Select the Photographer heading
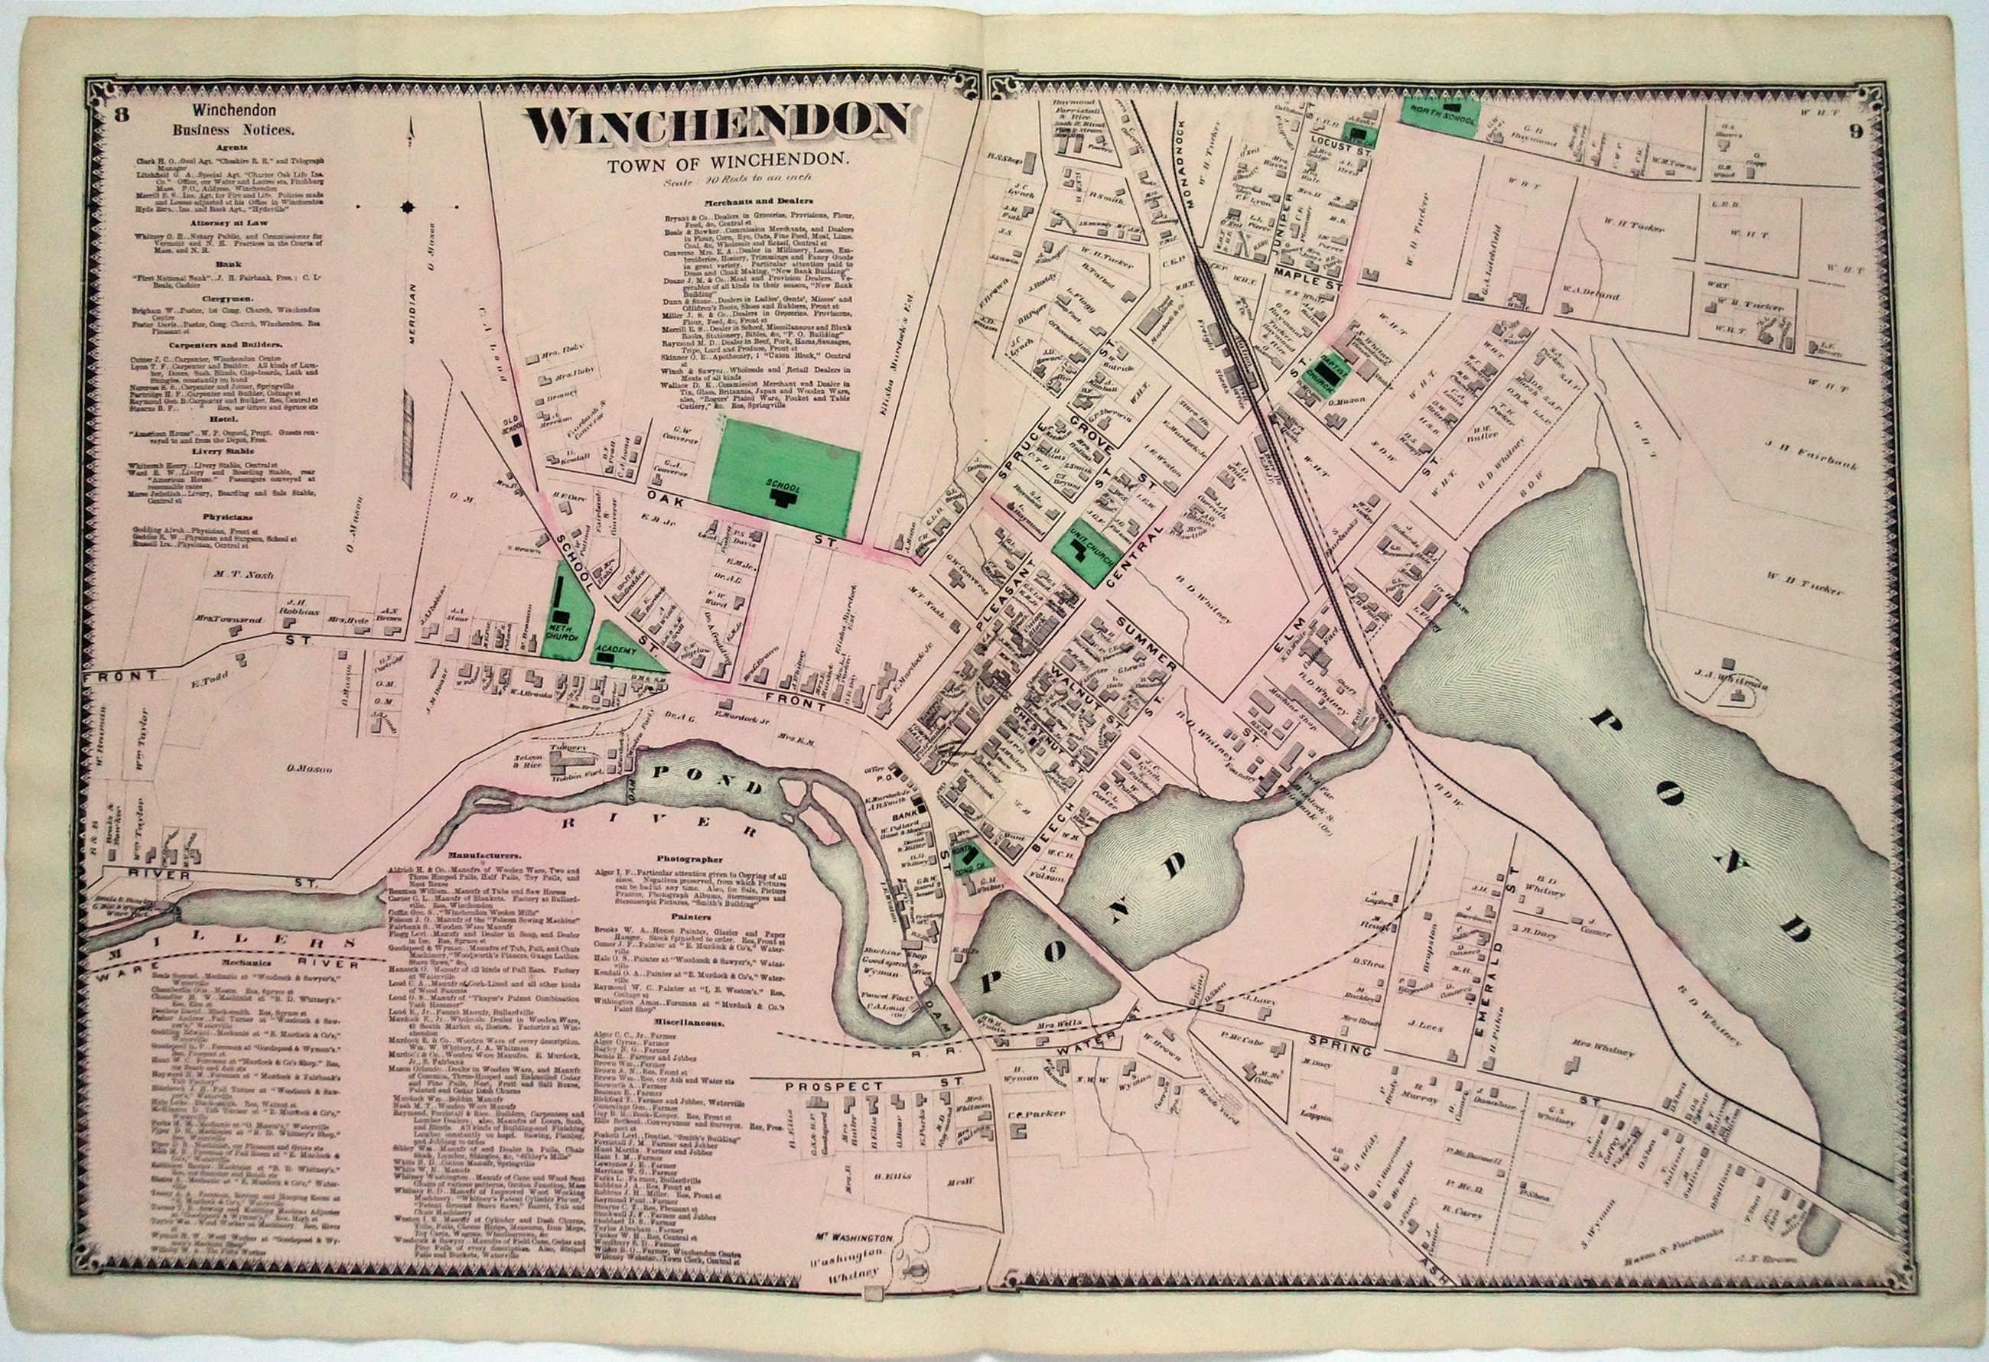pos(691,858)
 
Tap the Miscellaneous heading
pos(693,1022)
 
